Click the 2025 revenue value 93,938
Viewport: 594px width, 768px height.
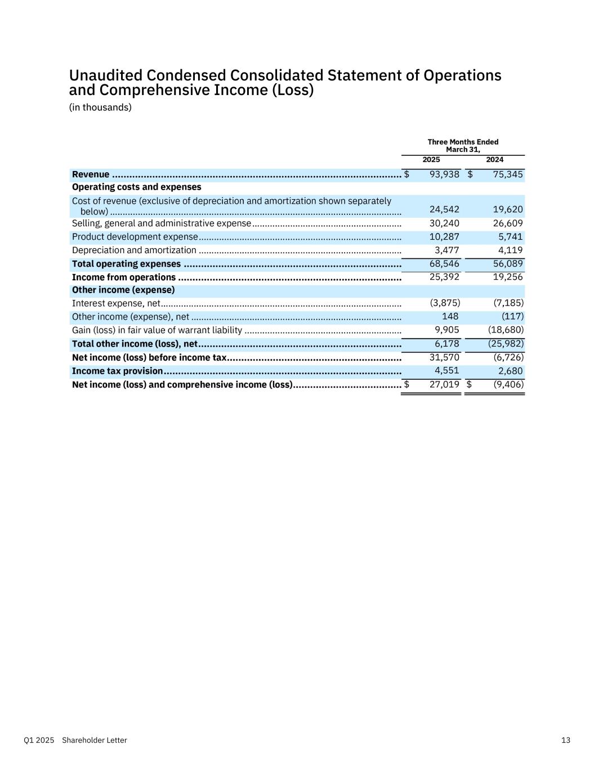pos(444,174)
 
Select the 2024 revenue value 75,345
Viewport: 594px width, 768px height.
pos(508,174)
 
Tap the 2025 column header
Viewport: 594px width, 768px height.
pos(431,160)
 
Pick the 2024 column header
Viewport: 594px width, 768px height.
pos(495,160)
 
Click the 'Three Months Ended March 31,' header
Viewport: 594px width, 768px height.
pos(463,146)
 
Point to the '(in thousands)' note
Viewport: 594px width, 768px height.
pos(100,107)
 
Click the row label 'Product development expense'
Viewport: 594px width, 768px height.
pos(135,237)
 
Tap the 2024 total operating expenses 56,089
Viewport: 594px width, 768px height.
pos(508,264)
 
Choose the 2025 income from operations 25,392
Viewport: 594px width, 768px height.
pos(444,277)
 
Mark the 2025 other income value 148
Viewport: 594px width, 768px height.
pos(450,316)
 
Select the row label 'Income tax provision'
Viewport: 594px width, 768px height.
pos(117,371)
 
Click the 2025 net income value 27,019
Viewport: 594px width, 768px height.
pos(444,385)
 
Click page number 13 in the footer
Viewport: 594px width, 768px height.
pos(566,740)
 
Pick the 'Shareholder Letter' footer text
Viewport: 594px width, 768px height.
pos(95,740)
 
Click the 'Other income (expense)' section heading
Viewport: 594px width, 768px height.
pos(123,290)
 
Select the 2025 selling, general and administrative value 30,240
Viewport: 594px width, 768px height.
pos(444,223)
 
